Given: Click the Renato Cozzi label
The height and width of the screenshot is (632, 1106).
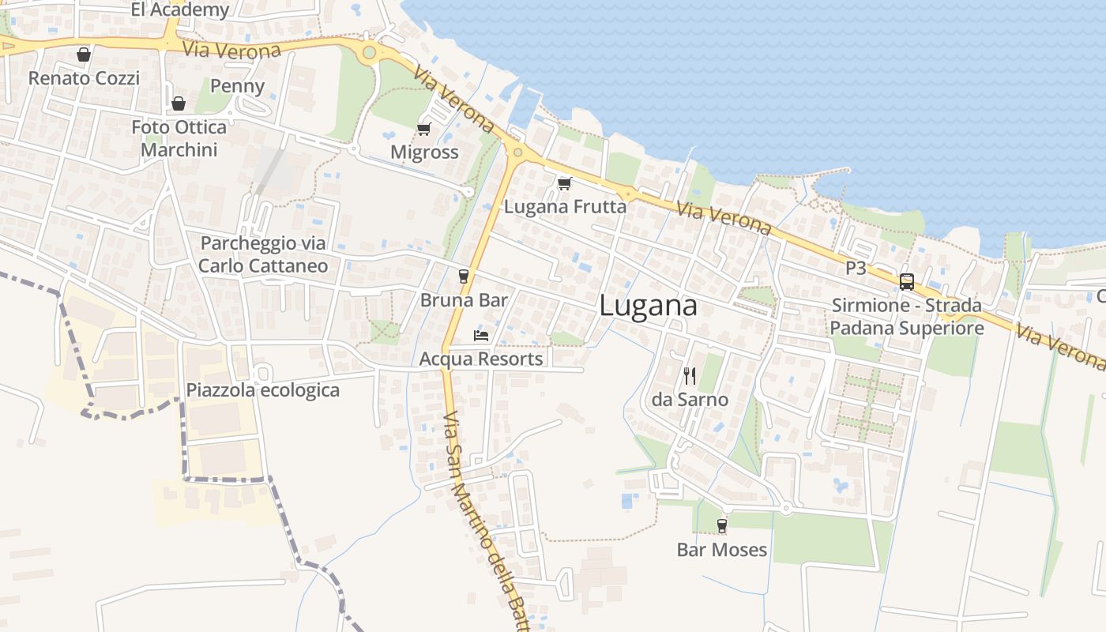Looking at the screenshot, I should click(x=84, y=78).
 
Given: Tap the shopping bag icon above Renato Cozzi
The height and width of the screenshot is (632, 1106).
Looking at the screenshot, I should click(x=84, y=55).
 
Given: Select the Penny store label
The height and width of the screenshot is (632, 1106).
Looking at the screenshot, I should click(x=237, y=86).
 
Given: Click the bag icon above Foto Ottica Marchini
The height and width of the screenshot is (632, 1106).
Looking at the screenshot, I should click(x=179, y=103).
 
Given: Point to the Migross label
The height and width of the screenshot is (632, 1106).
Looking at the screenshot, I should click(x=424, y=152).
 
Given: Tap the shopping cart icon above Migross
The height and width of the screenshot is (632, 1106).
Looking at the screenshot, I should click(x=424, y=129).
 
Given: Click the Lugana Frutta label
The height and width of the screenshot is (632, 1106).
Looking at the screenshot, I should click(x=565, y=207).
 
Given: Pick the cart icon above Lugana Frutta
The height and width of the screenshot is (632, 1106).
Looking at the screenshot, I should click(x=564, y=184).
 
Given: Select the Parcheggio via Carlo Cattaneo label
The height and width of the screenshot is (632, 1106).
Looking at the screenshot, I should click(x=263, y=254).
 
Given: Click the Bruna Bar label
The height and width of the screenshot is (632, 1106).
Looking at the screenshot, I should click(x=464, y=300).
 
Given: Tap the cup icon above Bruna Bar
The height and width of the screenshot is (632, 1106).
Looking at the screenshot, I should click(x=464, y=276).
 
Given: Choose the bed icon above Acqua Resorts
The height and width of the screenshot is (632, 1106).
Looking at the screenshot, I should click(x=481, y=336).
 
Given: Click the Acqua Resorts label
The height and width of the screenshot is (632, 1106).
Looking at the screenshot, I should click(x=481, y=359).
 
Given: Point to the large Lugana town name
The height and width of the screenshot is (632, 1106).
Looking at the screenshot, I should click(x=648, y=306).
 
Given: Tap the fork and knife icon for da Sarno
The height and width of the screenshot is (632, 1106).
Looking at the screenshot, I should click(x=690, y=376).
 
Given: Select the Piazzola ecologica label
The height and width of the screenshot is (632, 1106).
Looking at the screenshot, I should click(x=262, y=390).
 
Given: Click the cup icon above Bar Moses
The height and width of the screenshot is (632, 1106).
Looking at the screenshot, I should click(x=721, y=526).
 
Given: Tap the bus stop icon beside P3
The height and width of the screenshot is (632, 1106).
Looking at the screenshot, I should click(x=907, y=281).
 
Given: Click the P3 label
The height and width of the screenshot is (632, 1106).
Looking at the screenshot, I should click(x=856, y=269).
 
